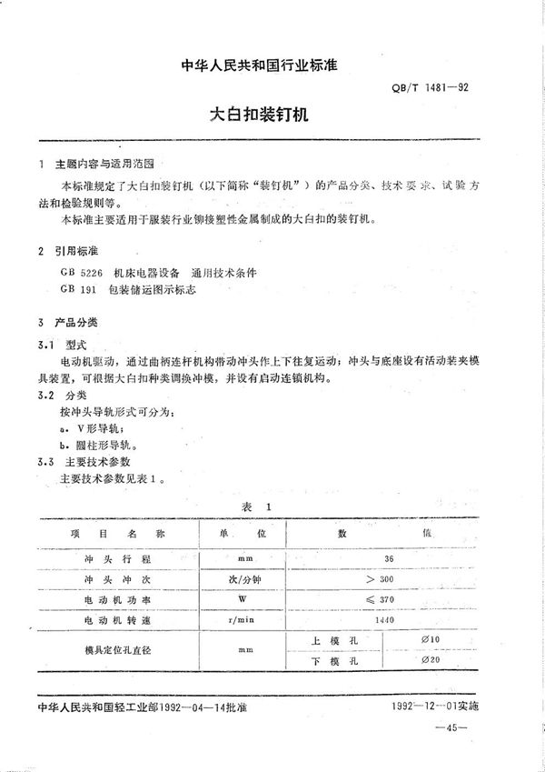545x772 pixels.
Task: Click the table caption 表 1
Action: tap(259, 506)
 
